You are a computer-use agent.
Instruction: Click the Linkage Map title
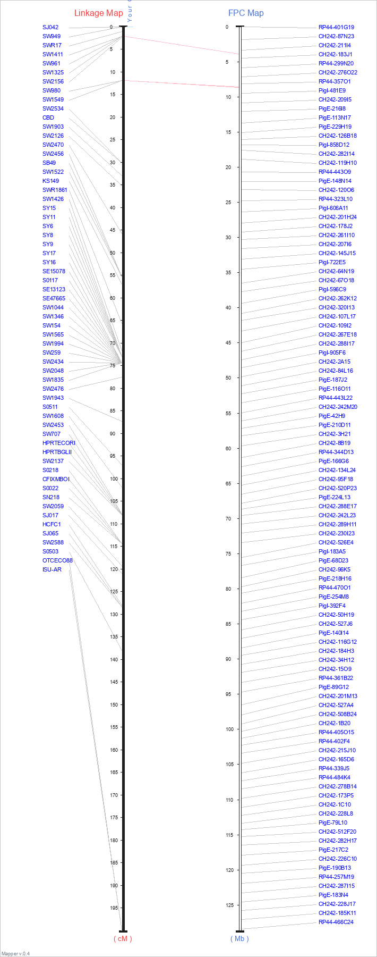point(98,13)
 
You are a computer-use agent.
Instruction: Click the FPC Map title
point(246,13)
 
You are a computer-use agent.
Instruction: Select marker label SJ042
point(50,27)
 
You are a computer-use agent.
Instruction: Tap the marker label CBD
point(48,117)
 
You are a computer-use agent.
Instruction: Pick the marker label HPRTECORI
point(59,443)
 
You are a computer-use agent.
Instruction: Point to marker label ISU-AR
point(52,569)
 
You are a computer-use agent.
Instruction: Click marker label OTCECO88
point(57,560)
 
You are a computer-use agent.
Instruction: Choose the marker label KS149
point(51,181)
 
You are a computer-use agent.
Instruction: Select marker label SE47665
point(54,298)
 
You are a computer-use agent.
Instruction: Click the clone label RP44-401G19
point(336,27)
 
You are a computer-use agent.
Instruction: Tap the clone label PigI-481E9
point(332,90)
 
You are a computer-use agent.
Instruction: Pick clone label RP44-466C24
point(336,922)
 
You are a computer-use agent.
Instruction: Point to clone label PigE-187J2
point(333,380)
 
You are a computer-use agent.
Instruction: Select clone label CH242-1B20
point(335,723)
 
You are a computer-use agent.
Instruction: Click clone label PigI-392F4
point(332,606)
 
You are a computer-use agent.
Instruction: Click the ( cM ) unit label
point(123,938)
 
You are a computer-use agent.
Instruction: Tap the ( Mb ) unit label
point(239,938)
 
